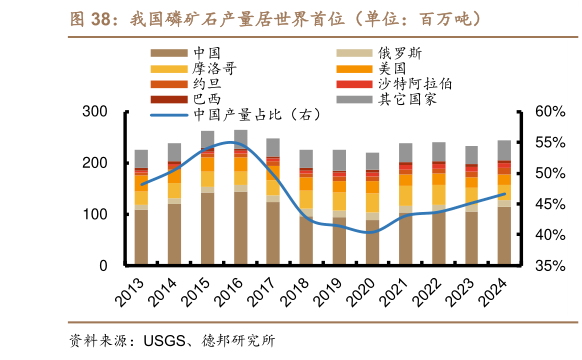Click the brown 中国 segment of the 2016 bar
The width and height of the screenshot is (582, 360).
point(241,229)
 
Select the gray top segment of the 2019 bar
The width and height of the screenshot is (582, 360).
point(339,160)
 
